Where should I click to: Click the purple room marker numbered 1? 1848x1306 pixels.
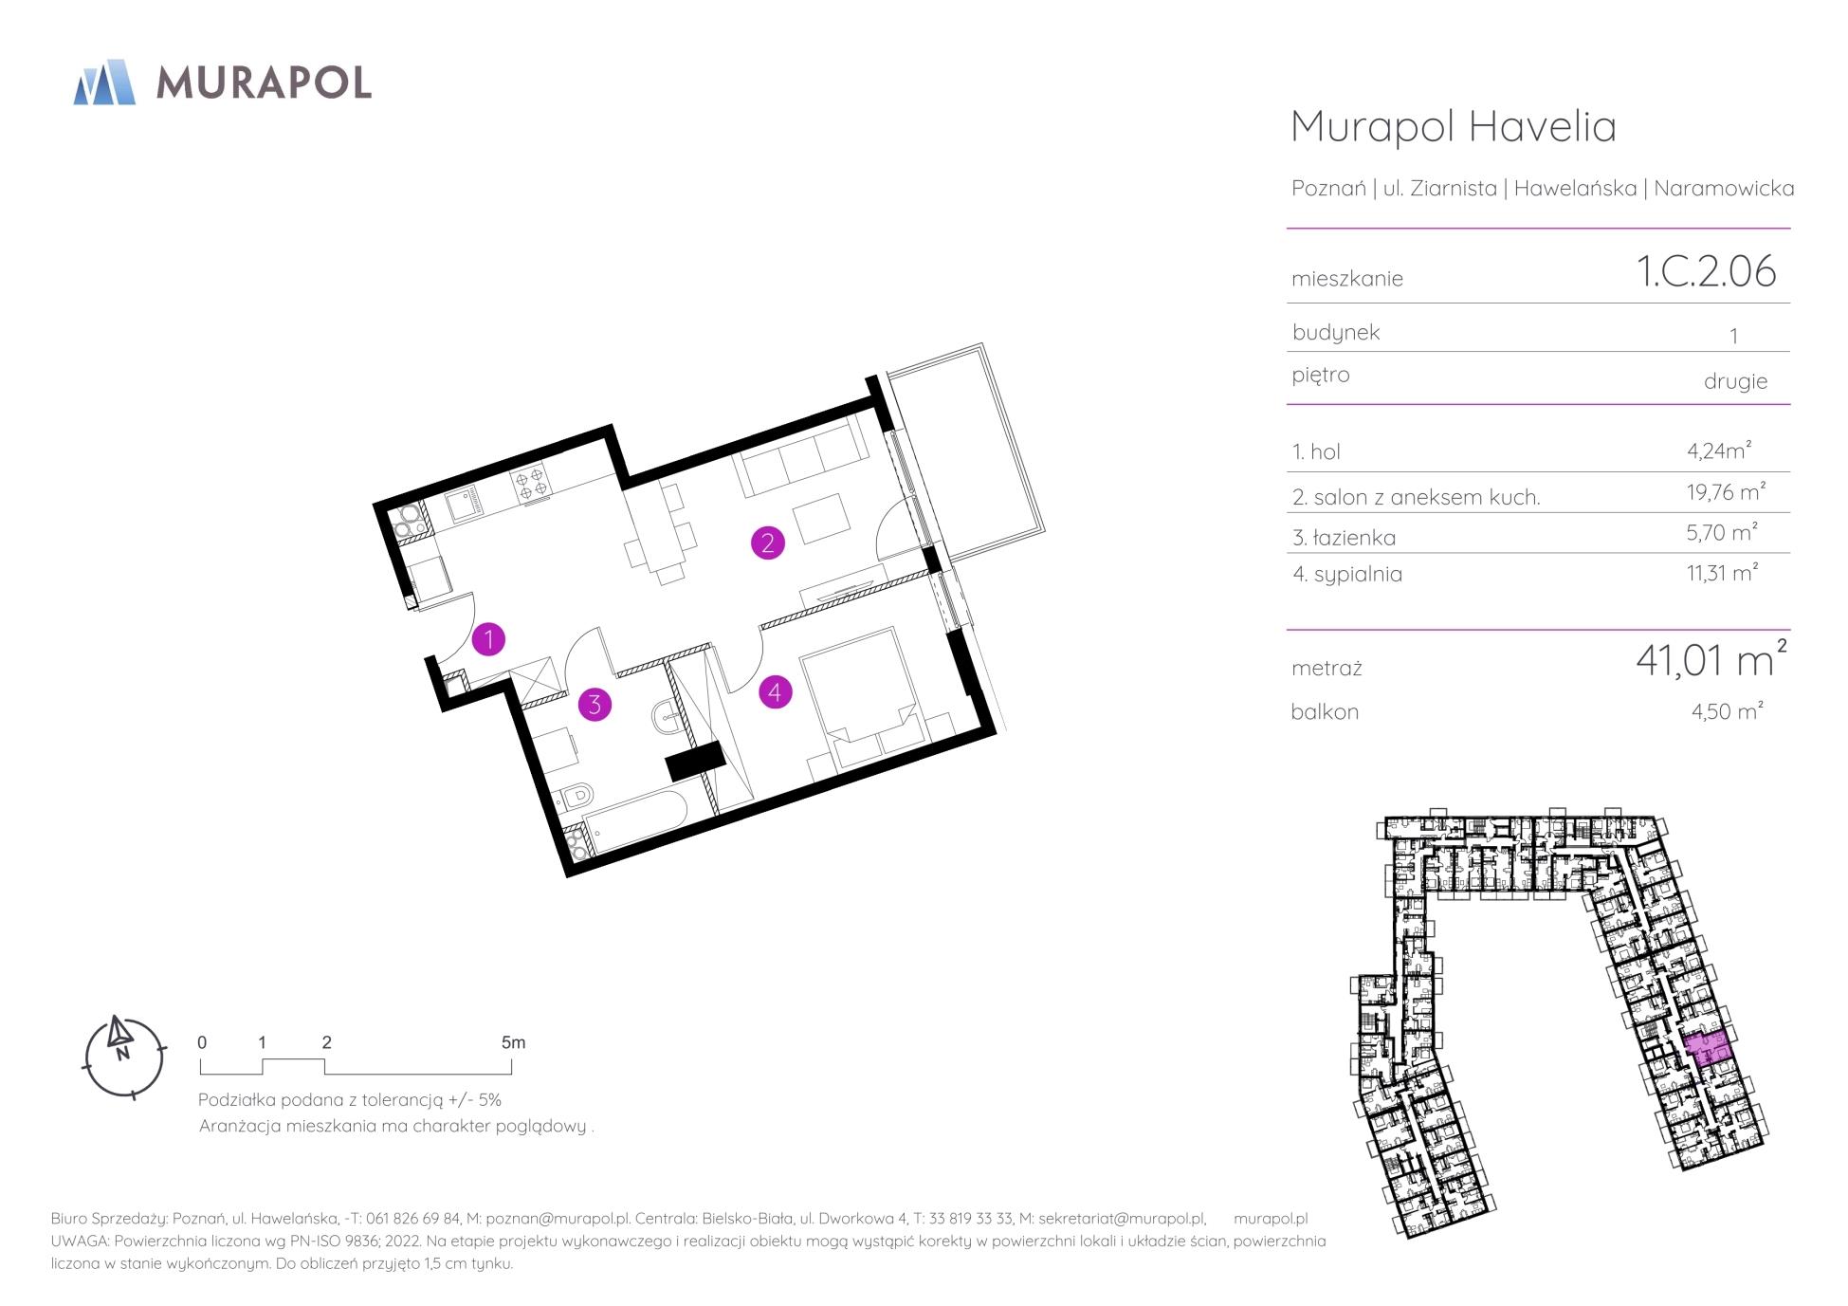coord(488,639)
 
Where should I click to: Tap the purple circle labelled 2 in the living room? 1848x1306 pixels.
coord(767,543)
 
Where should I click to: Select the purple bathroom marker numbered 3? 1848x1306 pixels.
coord(595,704)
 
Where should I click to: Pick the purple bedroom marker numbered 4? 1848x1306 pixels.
coord(775,691)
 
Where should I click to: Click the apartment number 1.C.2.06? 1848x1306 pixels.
coord(1707,271)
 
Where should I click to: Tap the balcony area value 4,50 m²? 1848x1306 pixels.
coord(1727,710)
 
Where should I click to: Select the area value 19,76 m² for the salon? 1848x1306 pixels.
coord(1719,491)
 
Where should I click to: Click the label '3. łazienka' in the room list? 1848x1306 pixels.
coord(1344,538)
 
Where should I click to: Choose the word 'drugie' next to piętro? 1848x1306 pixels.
coord(1735,381)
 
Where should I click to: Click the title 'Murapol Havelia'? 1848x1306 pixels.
coord(1454,126)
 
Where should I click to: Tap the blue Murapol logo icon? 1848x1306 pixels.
coord(104,82)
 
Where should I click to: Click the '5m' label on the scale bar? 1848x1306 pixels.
coord(513,1042)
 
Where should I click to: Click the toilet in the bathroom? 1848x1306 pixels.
coord(575,795)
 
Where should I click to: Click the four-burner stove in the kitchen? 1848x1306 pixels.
coord(530,481)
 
